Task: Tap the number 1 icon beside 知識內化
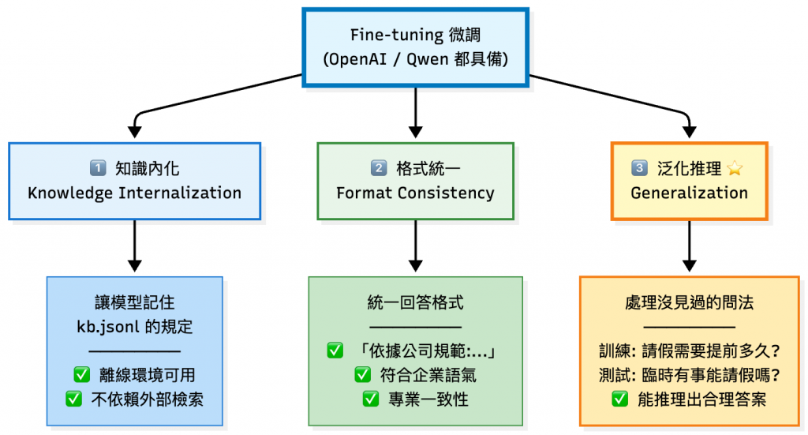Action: (x=98, y=168)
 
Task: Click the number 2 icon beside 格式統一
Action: (x=379, y=168)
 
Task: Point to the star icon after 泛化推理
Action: (x=736, y=168)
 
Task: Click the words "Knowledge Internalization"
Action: (x=134, y=193)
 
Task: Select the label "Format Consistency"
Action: (x=415, y=193)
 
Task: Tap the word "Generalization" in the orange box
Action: (x=689, y=193)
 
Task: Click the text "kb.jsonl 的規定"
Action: (x=134, y=327)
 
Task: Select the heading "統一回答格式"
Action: (x=415, y=302)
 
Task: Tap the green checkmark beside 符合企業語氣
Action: (x=362, y=376)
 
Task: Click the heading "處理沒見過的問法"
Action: (x=689, y=302)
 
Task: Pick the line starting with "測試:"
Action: (x=689, y=376)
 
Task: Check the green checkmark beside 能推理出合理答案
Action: (x=619, y=399)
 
